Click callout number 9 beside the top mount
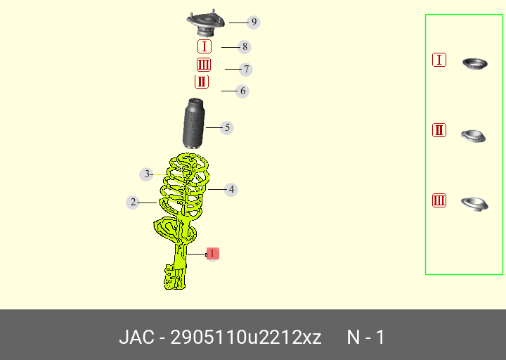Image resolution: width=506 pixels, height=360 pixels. (x=254, y=22)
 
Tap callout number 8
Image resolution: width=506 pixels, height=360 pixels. (x=244, y=47)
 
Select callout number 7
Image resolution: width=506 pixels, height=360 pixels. (x=245, y=70)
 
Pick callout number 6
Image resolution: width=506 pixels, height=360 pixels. (x=242, y=91)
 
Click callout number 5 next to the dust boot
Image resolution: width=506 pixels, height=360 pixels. (x=226, y=128)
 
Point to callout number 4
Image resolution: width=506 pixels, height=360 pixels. (x=231, y=189)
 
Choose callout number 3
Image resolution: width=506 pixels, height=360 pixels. (x=146, y=174)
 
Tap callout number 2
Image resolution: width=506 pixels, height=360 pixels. (x=132, y=202)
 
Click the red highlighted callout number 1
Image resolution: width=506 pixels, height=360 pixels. (x=212, y=253)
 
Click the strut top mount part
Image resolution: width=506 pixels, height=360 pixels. (x=205, y=25)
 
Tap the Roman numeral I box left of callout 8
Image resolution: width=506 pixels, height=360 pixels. (x=204, y=46)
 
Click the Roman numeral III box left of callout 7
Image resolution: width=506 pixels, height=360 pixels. (x=204, y=65)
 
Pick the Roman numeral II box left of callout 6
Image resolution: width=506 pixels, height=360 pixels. (x=202, y=82)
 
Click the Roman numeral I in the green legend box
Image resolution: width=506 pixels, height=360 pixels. (x=439, y=60)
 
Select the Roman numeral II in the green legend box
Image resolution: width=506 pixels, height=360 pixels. (x=439, y=130)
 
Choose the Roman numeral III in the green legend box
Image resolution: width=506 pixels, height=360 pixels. (x=439, y=201)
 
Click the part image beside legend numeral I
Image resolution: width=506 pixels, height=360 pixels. (x=475, y=64)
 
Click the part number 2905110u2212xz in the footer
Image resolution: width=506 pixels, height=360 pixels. (x=246, y=337)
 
